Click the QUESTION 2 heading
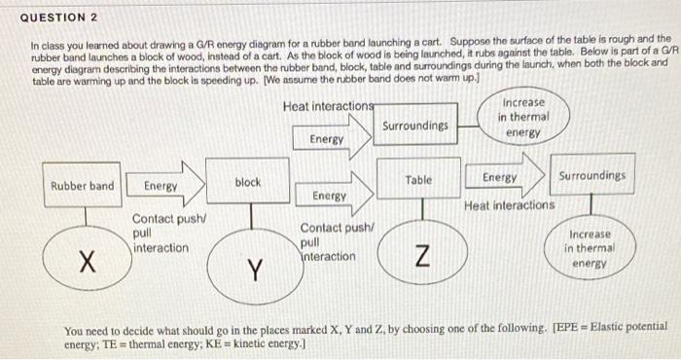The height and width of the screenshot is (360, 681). (59, 18)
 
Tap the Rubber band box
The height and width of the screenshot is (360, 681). (83, 186)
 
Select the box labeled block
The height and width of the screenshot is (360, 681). (248, 183)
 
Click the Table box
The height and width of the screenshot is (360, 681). (419, 180)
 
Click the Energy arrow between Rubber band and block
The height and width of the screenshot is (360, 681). (168, 186)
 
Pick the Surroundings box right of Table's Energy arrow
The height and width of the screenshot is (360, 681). (592, 176)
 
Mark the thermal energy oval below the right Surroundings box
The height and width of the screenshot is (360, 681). (590, 248)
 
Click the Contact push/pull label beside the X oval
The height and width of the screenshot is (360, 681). (161, 234)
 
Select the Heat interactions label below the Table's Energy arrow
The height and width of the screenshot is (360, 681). (509, 205)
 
